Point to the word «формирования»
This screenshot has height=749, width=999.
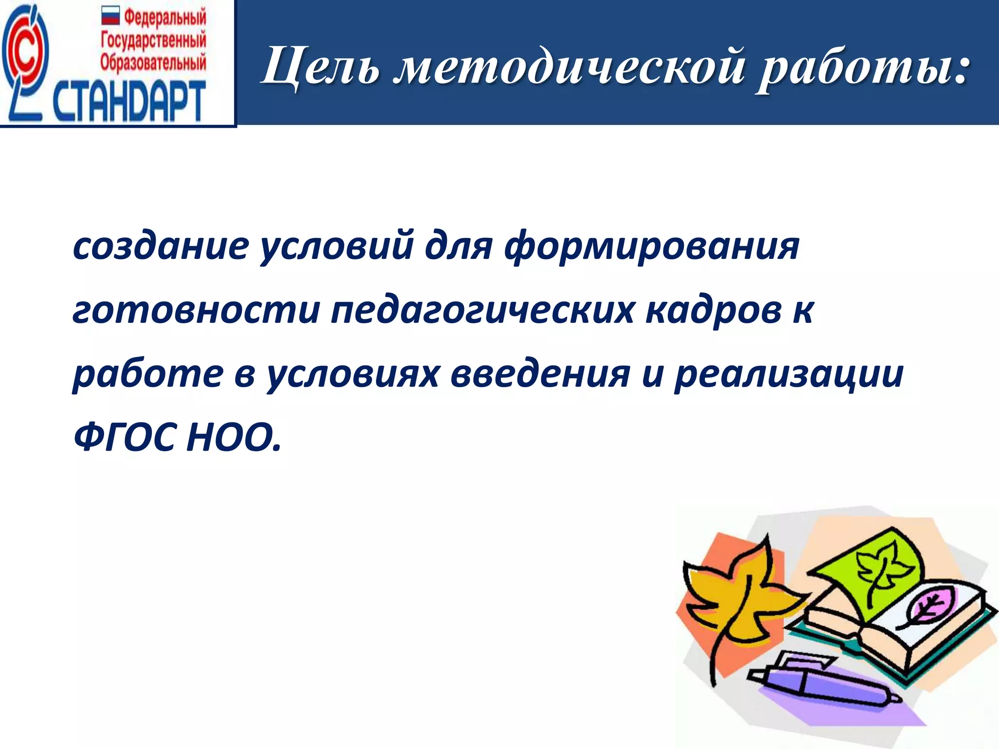click(652, 247)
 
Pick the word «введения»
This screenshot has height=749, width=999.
click(539, 374)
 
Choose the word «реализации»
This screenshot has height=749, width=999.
click(788, 374)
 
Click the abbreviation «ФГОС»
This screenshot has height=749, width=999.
click(124, 437)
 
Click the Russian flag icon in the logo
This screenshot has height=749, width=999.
click(110, 17)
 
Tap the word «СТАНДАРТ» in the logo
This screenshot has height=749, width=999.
click(129, 101)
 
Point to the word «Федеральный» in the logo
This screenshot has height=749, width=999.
click(165, 18)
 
